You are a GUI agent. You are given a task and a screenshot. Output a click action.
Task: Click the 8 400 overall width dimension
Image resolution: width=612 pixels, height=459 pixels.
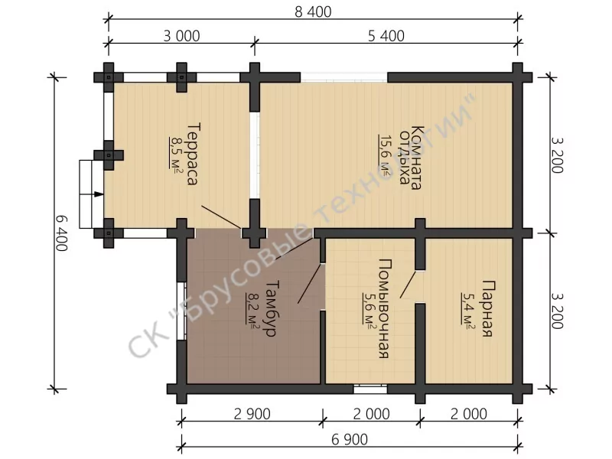click(313, 12)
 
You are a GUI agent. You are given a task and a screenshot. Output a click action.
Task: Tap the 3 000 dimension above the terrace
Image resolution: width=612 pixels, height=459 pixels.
click(181, 36)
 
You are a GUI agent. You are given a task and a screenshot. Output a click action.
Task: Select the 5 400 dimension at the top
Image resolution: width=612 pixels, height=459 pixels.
click(386, 36)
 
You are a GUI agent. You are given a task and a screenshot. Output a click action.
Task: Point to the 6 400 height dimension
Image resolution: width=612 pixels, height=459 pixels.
click(62, 233)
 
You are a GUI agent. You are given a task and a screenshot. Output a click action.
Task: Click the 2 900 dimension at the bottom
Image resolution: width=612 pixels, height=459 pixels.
click(252, 414)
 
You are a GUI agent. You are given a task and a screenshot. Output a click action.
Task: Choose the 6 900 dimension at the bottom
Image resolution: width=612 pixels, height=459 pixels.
click(350, 440)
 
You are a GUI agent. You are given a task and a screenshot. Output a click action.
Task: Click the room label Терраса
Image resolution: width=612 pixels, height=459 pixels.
click(194, 154)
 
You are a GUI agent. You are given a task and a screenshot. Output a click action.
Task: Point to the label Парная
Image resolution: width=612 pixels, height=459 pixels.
click(488, 308)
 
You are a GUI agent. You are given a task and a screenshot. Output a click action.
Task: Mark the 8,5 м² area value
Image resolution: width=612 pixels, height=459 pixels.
click(175, 152)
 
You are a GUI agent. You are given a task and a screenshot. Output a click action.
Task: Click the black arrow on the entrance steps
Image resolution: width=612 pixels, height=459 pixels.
click(99, 194)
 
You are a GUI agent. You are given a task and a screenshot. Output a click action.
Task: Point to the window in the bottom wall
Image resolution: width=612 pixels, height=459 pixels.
click(370, 389)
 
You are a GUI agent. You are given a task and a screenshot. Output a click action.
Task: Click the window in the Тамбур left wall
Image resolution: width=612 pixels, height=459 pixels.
click(181, 311)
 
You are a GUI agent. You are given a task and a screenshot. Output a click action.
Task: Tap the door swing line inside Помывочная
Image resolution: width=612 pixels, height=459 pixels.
click(408, 285)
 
